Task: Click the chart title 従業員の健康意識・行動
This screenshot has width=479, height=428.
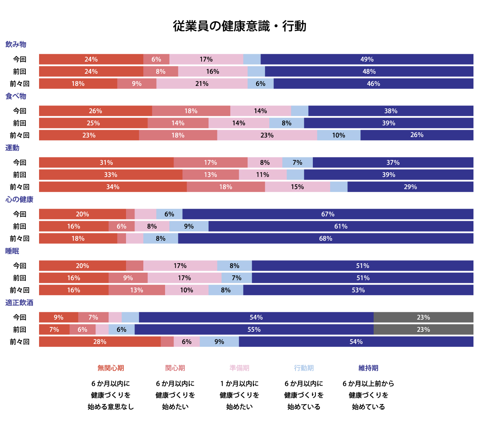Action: [239, 26]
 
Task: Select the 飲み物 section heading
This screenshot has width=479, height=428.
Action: [16, 45]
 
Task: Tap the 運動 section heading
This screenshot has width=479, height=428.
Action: [12, 148]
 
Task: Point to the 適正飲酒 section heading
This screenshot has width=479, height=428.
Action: [19, 303]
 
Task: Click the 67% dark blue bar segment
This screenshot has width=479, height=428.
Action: [328, 214]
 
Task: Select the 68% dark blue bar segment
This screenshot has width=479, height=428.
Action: [325, 239]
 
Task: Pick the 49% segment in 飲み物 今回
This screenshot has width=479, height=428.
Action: [367, 59]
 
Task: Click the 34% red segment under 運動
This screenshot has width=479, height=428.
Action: [113, 187]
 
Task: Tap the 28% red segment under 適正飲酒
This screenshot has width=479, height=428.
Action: [100, 342]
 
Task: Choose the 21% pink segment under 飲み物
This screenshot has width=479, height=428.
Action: [202, 84]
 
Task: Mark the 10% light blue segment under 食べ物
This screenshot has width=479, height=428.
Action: [339, 135]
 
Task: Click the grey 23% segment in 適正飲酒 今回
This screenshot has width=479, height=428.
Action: [423, 317]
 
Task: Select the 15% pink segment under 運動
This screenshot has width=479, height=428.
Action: [297, 187]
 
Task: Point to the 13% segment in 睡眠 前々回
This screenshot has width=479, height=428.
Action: [137, 290]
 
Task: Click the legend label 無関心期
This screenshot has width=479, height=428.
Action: [111, 368]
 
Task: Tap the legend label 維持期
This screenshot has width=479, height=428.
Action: [368, 368]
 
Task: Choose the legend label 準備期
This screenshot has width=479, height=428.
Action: [239, 368]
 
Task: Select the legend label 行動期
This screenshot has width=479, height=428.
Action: [304, 368]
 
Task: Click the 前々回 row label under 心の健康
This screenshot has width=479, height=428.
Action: [20, 239]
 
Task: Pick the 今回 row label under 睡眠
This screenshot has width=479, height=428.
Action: [20, 266]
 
